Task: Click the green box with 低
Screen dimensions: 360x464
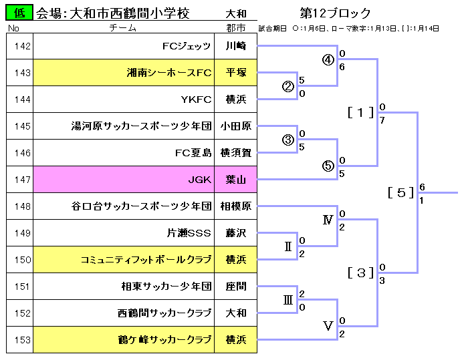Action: [x=19, y=13]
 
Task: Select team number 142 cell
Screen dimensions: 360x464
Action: [x=20, y=47]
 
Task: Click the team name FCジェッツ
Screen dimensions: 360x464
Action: [x=187, y=47]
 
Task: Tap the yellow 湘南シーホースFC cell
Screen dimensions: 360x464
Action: [x=124, y=73]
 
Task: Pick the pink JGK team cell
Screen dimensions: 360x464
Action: [x=124, y=180]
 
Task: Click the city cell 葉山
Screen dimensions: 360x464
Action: [x=235, y=180]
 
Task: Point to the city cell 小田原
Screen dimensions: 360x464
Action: [x=235, y=126]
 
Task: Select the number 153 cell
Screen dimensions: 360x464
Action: [x=20, y=340]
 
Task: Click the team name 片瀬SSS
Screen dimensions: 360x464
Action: [x=189, y=233]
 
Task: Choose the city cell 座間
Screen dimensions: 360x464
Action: [x=235, y=287]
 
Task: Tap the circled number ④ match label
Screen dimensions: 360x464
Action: [x=328, y=59]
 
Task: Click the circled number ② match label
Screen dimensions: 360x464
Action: [x=288, y=86]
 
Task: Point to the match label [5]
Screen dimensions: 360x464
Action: [x=400, y=192]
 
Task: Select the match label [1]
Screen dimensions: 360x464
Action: [x=361, y=112]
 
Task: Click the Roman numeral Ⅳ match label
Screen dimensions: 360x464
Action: [x=328, y=220]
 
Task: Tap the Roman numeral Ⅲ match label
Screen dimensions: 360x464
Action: [x=288, y=300]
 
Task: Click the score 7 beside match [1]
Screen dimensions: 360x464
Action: [x=382, y=120]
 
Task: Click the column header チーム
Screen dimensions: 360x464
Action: [x=123, y=28]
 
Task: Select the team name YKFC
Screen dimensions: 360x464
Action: [x=196, y=100]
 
